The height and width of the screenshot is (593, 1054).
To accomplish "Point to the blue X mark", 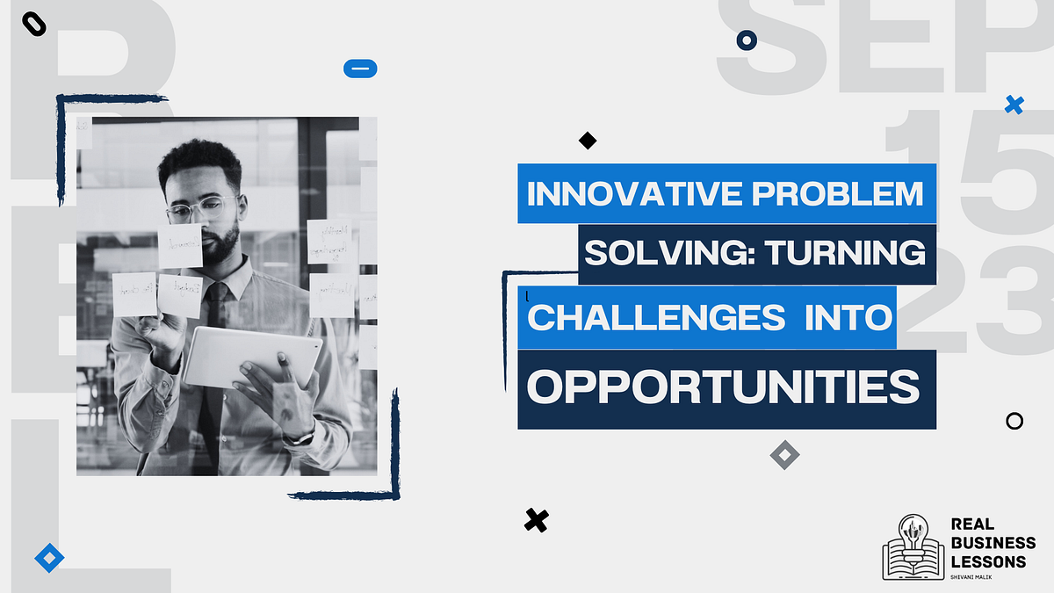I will pyautogui.click(x=1014, y=105).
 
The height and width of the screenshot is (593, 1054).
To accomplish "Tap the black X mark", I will pyautogui.click(x=536, y=520).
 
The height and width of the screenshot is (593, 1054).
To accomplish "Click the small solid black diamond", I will pyautogui.click(x=588, y=140).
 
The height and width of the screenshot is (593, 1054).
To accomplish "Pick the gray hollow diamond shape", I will pyautogui.click(x=784, y=454).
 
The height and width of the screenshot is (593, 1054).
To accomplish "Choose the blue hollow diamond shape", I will pyautogui.click(x=49, y=557).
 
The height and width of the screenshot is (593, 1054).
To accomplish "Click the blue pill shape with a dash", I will pyautogui.click(x=360, y=68).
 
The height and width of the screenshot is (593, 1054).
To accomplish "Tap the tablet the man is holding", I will pyautogui.click(x=251, y=356).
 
